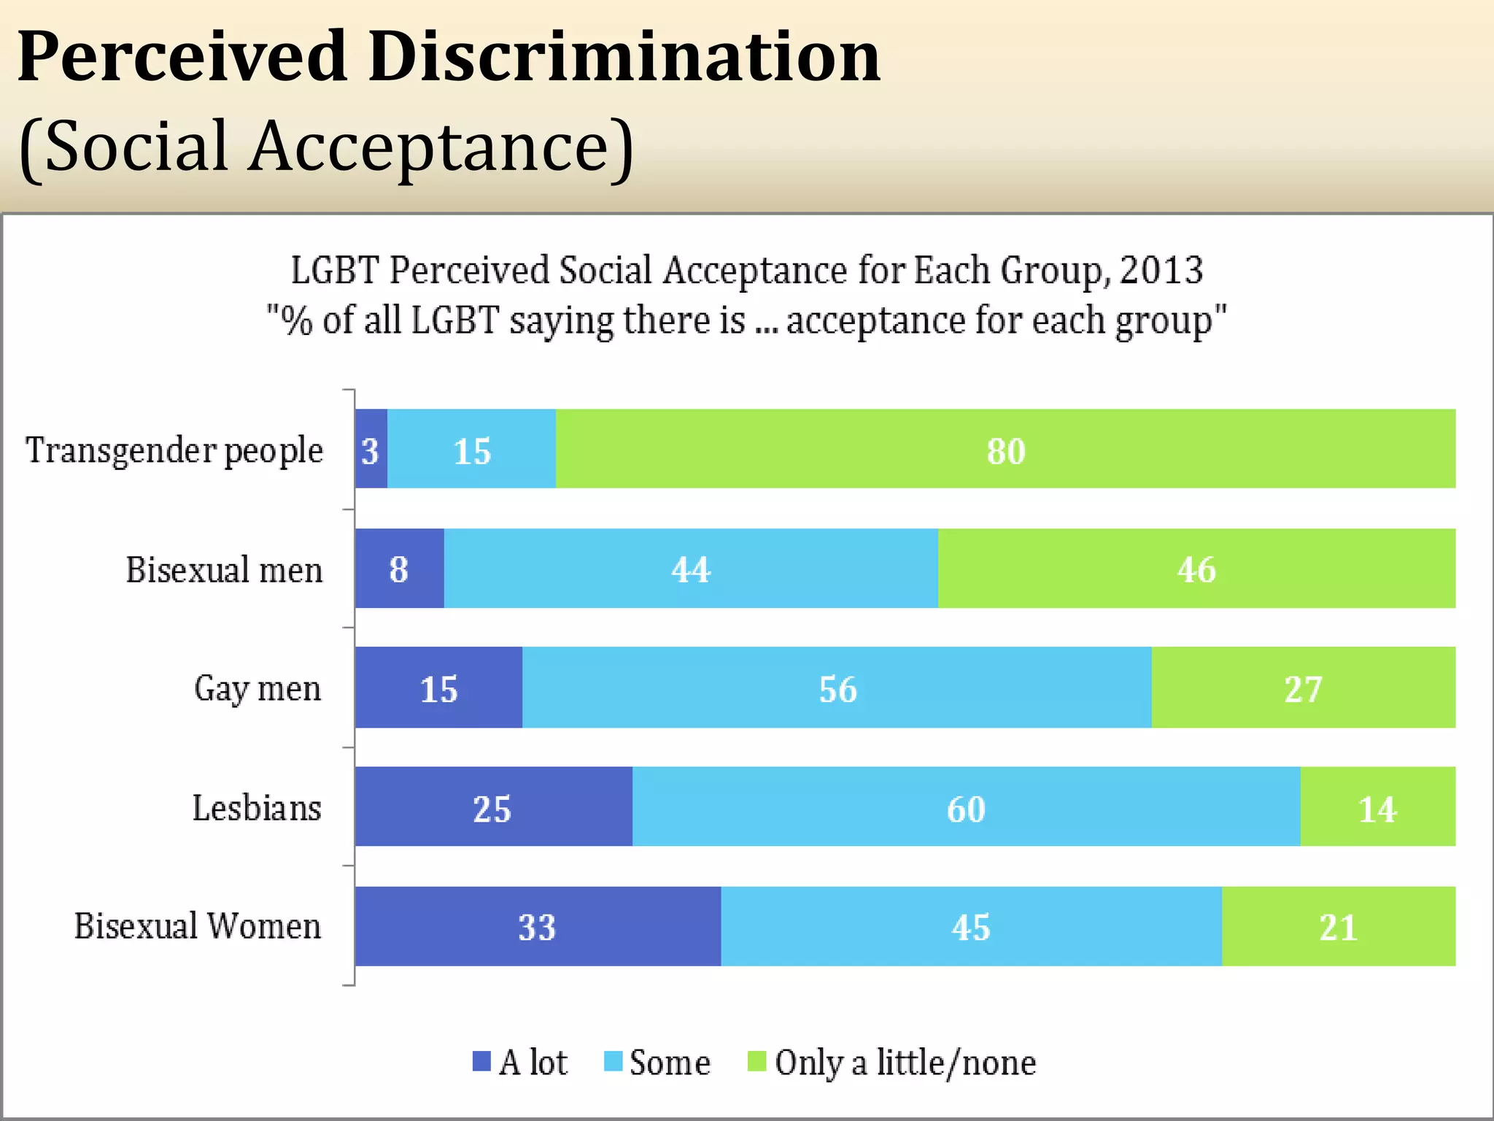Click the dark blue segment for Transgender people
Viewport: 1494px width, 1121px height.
pyautogui.click(x=371, y=449)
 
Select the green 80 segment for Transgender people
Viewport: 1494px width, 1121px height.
pyautogui.click(x=1005, y=449)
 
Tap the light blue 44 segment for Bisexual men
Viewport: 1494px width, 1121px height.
pyautogui.click(x=690, y=569)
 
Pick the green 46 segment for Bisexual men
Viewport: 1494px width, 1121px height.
pyautogui.click(x=1196, y=569)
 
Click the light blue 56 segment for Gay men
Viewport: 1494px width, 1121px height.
pyautogui.click(x=837, y=687)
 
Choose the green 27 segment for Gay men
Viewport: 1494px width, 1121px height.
pyautogui.click(x=1303, y=687)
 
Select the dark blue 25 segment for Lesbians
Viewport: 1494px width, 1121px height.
pyautogui.click(x=493, y=806)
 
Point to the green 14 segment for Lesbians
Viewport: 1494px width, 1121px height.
pyautogui.click(x=1377, y=806)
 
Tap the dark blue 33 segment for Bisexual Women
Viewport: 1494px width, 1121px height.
pyautogui.click(x=538, y=926)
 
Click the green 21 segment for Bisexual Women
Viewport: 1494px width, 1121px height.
pyautogui.click(x=1338, y=926)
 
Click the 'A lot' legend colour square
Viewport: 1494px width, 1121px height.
pyautogui.click(x=481, y=1061)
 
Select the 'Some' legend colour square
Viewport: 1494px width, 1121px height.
pyautogui.click(x=614, y=1061)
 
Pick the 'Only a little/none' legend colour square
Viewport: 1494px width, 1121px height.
pyautogui.click(x=757, y=1061)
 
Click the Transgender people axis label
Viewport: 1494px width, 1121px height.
pyautogui.click(x=174, y=450)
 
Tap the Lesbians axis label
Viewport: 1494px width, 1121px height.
pyautogui.click(x=257, y=808)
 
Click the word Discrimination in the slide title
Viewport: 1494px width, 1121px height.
pyautogui.click(x=624, y=57)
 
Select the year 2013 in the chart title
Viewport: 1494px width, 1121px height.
pyautogui.click(x=1161, y=270)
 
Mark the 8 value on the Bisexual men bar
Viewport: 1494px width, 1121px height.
pyautogui.click(x=398, y=569)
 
